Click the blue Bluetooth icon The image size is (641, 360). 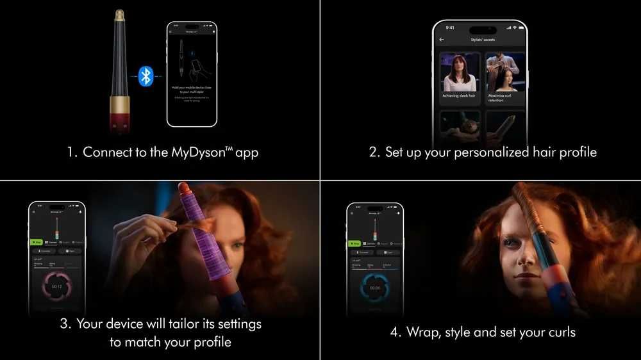click(146, 76)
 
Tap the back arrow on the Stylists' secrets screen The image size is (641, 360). click(442, 40)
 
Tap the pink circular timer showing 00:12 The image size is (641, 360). click(56, 286)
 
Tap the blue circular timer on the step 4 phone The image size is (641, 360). click(375, 288)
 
